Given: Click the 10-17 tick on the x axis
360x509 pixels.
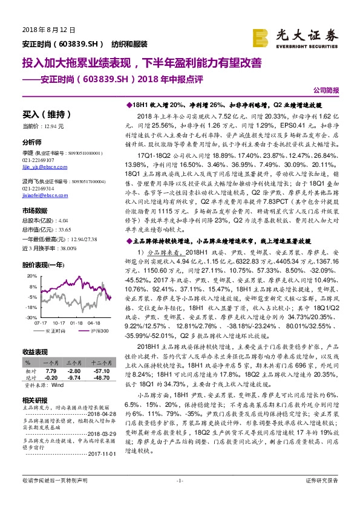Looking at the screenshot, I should click(x=59, y=323).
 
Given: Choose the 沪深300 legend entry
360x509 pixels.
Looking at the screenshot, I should click(x=100, y=331).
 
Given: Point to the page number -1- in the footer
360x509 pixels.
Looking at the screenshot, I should click(x=180, y=497).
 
